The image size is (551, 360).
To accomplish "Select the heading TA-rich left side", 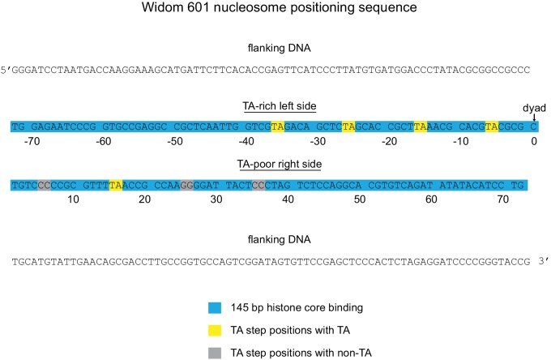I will pyautogui.click(x=280, y=106).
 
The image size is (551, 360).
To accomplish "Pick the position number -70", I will pyautogui.click(x=32, y=142).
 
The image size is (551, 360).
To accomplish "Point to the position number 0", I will pyautogui.click(x=534, y=142).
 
